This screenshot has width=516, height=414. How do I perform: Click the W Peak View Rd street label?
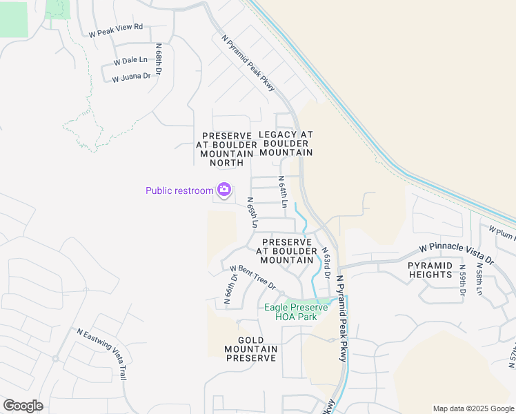[x=115, y=28]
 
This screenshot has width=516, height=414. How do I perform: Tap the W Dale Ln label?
[x=125, y=60]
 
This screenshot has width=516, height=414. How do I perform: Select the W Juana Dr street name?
[x=131, y=77]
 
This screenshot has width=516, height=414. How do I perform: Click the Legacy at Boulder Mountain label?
[x=286, y=143]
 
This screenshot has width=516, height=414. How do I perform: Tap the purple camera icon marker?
[x=224, y=189]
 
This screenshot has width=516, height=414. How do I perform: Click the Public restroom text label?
[x=179, y=190]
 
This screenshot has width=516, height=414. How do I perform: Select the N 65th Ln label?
[x=252, y=213]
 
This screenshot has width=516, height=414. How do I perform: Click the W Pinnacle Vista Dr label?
[x=457, y=253]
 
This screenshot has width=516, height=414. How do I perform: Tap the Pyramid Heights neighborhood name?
[x=430, y=270]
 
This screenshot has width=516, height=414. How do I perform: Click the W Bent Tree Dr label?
[x=252, y=277]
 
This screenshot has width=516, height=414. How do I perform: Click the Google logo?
[x=23, y=406]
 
